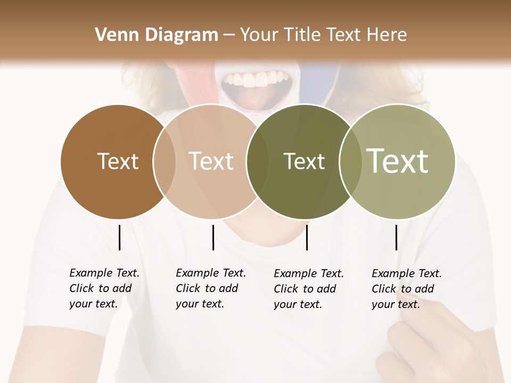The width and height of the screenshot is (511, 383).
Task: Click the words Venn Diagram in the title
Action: tap(156, 35)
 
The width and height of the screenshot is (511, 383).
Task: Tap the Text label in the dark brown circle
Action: tap(118, 161)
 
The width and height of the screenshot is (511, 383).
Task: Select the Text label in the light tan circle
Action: tap(211, 161)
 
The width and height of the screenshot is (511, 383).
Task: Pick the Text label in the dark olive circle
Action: tap(304, 161)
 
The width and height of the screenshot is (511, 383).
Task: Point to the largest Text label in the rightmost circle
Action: tap(398, 161)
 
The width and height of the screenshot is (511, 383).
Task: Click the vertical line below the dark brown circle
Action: tap(119, 237)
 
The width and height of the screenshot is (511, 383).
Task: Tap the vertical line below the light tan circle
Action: tap(213, 237)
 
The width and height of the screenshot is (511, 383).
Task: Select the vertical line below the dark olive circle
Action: tap(307, 237)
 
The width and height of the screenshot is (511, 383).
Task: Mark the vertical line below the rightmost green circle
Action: tap(396, 237)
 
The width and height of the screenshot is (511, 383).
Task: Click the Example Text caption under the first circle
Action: tap(104, 288)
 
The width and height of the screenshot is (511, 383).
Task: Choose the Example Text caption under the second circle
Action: tap(211, 288)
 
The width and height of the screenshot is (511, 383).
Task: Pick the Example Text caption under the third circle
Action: tap(309, 289)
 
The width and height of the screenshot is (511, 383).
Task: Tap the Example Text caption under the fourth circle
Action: tap(407, 289)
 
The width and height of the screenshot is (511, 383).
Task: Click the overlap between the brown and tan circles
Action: tap(164, 161)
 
